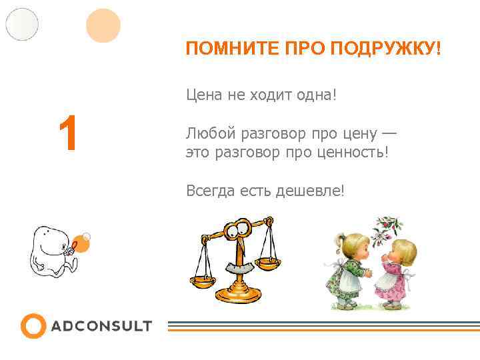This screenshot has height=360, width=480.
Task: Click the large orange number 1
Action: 68,133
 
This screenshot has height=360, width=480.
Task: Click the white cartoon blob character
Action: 50,253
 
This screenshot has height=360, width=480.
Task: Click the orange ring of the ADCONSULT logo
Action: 33,326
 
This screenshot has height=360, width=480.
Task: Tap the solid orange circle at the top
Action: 103,25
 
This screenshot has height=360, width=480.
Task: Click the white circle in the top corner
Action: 22,24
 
